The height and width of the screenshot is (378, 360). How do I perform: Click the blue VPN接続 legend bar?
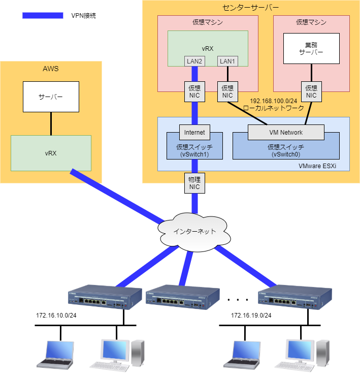pos(43,16)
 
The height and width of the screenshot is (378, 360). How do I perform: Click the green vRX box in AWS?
pos(51,153)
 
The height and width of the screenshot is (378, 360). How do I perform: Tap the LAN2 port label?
pos(194,61)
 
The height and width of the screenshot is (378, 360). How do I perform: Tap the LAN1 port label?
pos(227,61)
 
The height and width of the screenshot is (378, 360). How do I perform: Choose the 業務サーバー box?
pos(311,49)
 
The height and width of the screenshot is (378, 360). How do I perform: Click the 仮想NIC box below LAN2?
pos(194,91)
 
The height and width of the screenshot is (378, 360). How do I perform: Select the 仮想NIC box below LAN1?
pos(227,91)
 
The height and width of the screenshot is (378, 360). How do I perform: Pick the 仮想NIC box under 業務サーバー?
pos(311,91)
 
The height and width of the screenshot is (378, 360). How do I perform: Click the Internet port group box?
pos(194,133)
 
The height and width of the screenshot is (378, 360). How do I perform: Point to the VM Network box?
pos(285,133)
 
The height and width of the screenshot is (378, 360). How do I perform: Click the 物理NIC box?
pos(194,183)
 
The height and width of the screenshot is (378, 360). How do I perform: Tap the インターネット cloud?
pos(192,232)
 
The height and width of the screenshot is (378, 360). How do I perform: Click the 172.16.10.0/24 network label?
pos(56,316)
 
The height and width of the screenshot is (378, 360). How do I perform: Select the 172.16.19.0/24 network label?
pos(251,316)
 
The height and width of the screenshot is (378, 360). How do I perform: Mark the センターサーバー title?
pos(251,8)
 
